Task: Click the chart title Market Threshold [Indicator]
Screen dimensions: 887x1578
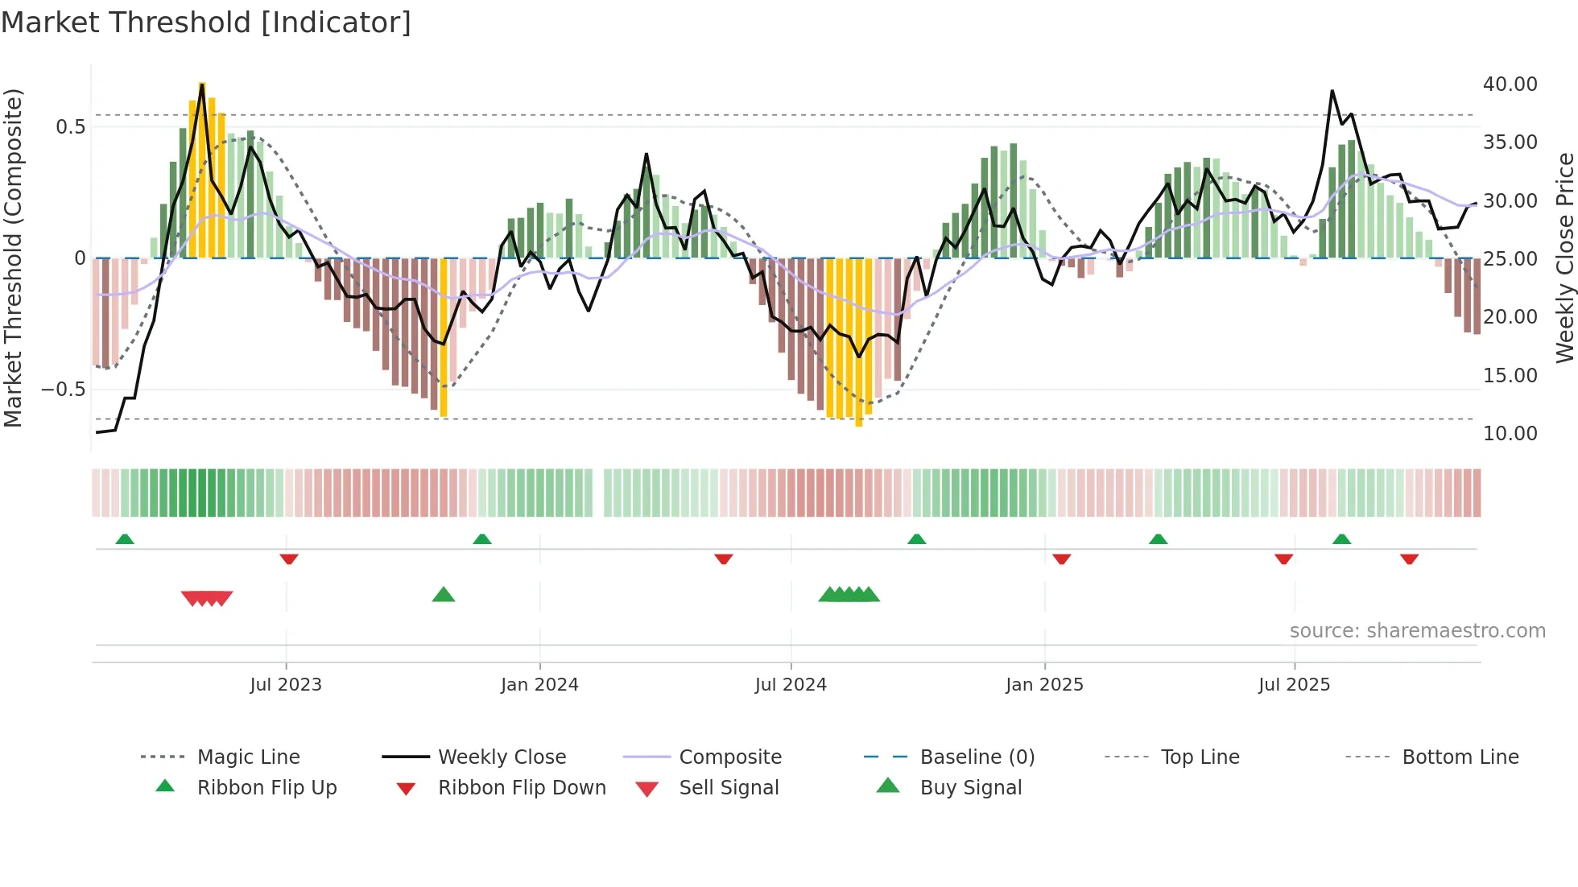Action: click(206, 23)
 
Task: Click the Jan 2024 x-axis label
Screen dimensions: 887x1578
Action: click(539, 685)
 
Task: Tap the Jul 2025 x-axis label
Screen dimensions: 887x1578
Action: click(1294, 685)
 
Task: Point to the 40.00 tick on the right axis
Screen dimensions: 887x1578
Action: click(1510, 85)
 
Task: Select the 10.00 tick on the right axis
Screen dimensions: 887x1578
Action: click(1510, 434)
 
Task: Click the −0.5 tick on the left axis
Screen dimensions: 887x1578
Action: click(63, 390)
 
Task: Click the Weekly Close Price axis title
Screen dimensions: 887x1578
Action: click(1564, 258)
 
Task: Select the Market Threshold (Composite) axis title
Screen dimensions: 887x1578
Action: click(13, 258)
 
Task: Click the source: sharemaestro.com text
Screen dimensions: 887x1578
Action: click(1417, 631)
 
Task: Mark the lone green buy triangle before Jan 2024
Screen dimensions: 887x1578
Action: click(444, 595)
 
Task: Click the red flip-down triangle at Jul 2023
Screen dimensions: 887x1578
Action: click(289, 559)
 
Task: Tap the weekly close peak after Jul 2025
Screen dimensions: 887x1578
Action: click(1332, 91)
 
